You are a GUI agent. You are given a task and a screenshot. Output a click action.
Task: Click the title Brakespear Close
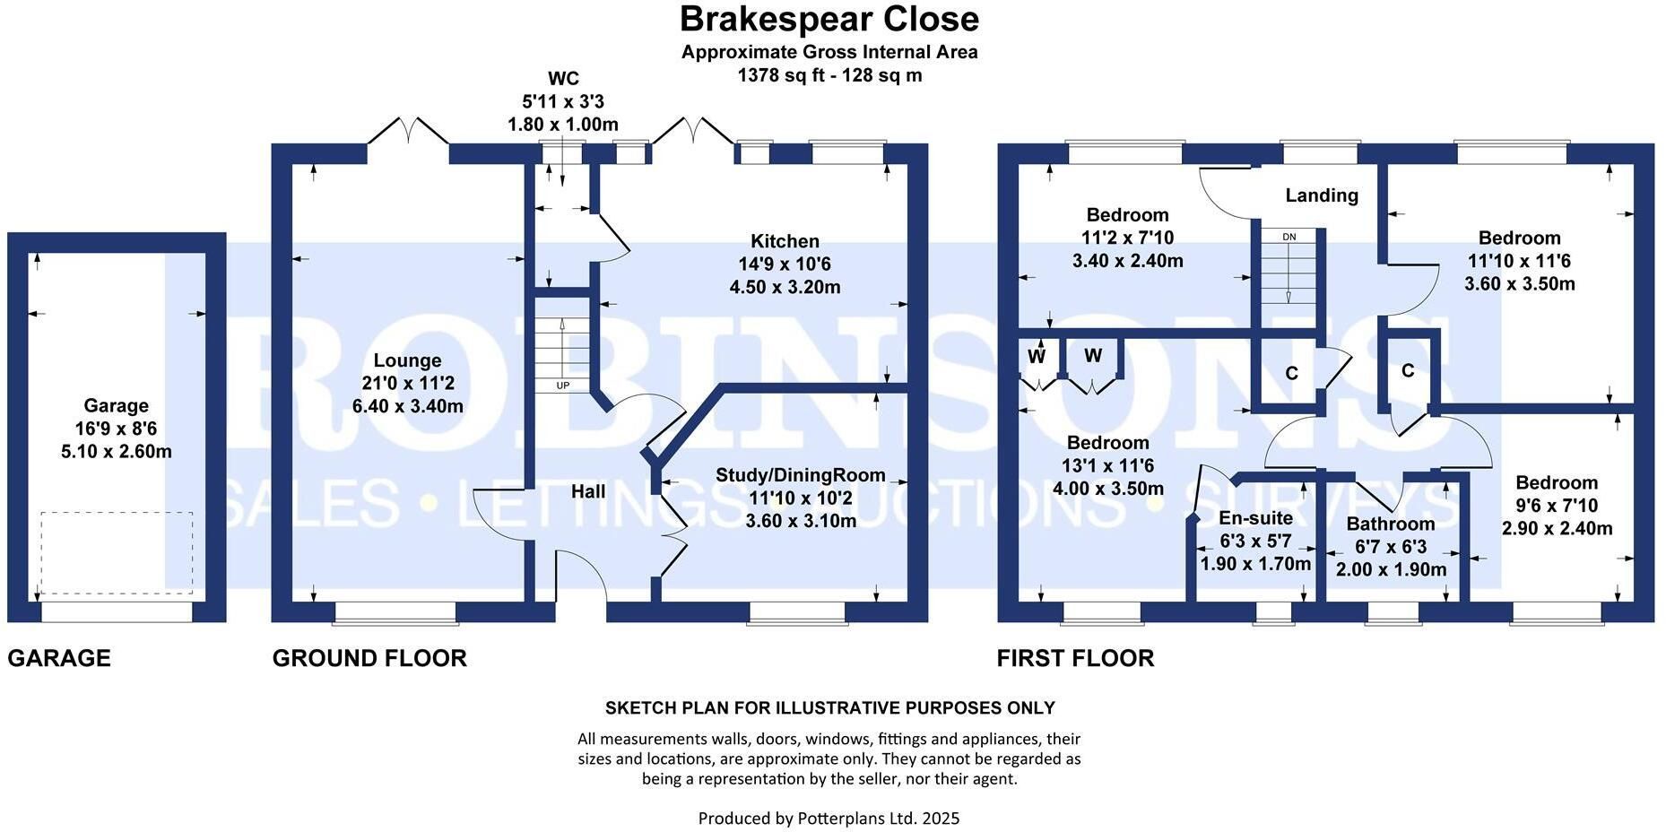829,19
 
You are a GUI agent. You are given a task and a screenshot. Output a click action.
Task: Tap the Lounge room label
408,360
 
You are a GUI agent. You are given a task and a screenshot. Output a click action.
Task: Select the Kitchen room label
785,241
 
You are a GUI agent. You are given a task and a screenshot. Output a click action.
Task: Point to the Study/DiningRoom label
801,476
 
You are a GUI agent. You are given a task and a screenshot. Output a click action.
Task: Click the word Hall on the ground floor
588,491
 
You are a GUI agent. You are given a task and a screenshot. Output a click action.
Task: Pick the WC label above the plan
563,79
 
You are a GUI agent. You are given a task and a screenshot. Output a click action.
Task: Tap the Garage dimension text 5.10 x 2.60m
117,451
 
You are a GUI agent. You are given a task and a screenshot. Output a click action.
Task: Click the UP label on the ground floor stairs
563,386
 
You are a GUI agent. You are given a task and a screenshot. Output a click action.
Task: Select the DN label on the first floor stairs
1289,237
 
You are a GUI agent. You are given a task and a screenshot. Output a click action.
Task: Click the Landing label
1322,195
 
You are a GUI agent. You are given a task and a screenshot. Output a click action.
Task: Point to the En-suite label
1256,517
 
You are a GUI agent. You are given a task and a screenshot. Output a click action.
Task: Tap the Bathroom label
1391,524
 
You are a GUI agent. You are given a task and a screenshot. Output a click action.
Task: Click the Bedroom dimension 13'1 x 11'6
1108,466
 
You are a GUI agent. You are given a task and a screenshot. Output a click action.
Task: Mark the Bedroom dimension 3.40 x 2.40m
1128,261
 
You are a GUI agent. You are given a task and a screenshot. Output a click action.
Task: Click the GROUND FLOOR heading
369,658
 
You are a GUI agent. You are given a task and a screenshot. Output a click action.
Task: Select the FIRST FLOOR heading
1076,658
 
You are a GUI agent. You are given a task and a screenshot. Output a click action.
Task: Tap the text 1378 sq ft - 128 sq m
829,75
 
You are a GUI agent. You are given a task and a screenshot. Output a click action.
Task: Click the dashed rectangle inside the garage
117,553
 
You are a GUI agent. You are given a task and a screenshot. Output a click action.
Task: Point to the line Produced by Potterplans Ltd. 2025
829,818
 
